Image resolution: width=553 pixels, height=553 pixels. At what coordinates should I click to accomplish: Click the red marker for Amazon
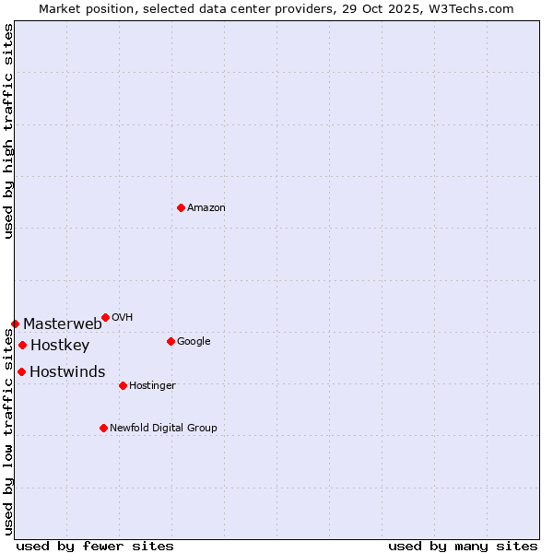coord(181,207)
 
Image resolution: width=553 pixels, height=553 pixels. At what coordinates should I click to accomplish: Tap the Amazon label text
coord(206,208)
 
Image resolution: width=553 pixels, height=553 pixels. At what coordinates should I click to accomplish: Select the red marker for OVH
coord(105,317)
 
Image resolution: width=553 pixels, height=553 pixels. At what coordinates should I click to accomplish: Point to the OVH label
coord(123,318)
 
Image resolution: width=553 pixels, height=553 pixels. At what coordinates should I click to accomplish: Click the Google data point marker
coord(171,341)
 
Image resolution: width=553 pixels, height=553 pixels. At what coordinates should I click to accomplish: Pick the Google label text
coord(194,342)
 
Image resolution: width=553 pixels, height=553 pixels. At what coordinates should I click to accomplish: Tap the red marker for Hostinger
coord(123,385)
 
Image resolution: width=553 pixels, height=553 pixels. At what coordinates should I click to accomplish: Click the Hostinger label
coord(153,386)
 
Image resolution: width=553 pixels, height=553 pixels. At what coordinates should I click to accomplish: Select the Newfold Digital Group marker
coord(103,428)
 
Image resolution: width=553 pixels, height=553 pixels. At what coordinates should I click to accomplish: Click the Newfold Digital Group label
coord(164,429)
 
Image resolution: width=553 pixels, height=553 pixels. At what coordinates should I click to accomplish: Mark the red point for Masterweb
coord(15,324)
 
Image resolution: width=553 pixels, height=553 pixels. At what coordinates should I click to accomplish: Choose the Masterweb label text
coord(63,324)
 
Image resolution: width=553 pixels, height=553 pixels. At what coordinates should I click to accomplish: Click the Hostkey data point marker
coord(22,345)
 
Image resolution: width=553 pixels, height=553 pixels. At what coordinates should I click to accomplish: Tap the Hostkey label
coord(60,347)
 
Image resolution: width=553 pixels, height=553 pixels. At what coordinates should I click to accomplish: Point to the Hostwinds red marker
coord(21,371)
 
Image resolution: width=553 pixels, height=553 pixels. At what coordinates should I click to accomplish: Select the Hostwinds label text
coord(67,372)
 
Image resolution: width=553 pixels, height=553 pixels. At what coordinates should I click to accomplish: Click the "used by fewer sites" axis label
coord(95,547)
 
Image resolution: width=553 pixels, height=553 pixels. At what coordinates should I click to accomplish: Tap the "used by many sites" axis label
coord(463,547)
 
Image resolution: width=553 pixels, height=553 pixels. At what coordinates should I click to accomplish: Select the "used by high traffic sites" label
coord(9,131)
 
